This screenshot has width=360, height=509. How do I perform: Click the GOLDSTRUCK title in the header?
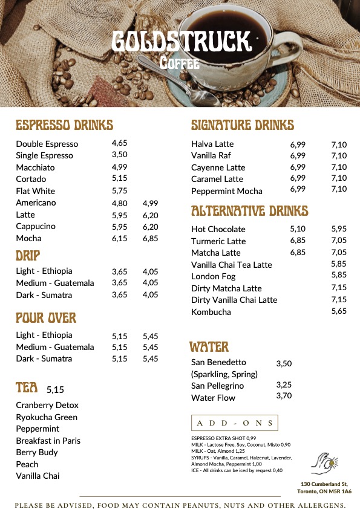coord(181,41)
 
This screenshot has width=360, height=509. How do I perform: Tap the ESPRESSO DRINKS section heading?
coord(64,126)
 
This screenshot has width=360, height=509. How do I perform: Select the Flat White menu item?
coord(35,191)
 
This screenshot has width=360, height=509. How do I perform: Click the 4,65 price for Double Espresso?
coord(119,143)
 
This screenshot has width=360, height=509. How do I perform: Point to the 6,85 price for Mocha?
coord(150,238)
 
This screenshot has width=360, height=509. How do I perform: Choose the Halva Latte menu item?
coord(212,144)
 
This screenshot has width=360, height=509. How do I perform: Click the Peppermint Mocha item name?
coord(226,191)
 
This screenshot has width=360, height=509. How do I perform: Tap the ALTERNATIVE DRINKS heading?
coord(249,211)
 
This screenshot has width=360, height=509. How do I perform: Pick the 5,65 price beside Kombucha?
coord(339,311)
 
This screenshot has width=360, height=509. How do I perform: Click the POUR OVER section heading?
coord(46,317)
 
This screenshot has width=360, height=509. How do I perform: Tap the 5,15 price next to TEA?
coord(54,390)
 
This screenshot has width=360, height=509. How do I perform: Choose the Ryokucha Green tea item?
coord(47,417)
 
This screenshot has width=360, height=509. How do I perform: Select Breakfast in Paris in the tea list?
coord(48,441)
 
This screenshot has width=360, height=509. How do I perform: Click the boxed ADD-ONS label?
coord(234,423)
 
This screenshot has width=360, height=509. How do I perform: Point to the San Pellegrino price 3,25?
coord(284,384)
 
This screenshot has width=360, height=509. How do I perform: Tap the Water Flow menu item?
coord(213,398)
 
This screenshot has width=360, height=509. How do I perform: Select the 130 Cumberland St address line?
coord(324,484)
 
